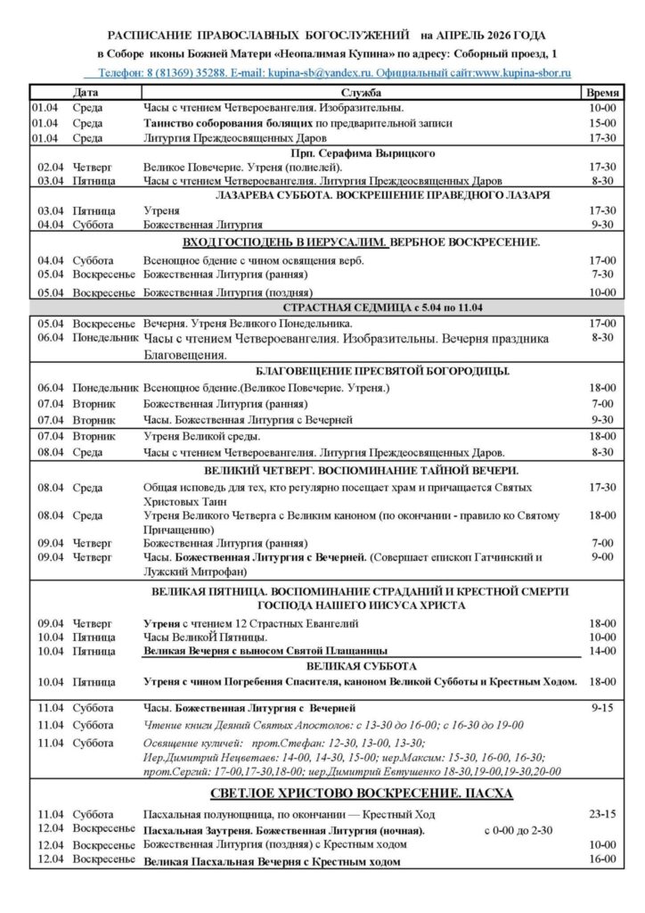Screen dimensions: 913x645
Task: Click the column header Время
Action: pos(597,92)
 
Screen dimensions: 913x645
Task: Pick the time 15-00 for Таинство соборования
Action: pos(602,122)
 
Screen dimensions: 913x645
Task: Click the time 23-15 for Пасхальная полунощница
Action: pos(602,814)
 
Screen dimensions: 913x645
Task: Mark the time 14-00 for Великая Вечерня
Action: pos(602,651)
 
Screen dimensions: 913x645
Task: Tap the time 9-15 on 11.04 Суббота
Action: pos(602,707)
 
